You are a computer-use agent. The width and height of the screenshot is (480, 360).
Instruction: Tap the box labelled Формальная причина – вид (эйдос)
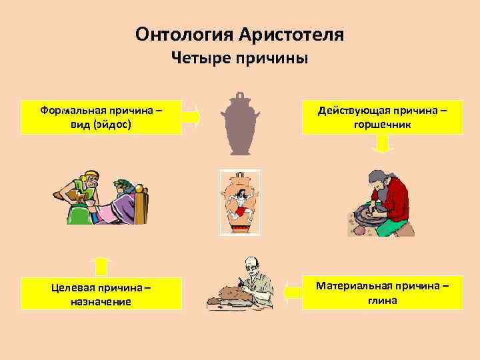[x=101, y=117]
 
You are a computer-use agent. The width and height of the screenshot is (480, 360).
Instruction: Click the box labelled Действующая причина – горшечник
[x=383, y=117]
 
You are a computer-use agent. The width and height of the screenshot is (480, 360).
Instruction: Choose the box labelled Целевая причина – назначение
[x=101, y=294]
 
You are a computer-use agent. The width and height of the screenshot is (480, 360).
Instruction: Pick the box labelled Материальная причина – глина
[x=383, y=293]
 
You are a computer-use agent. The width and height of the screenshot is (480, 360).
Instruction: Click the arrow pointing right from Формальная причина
[x=191, y=117]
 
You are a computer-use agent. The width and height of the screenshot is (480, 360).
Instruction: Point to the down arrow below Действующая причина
[x=382, y=144]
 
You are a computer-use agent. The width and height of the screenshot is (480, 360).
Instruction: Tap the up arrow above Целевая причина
[x=101, y=266]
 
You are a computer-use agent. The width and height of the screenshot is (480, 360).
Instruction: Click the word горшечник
[x=383, y=124]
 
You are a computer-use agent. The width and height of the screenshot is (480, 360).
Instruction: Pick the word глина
[x=383, y=300]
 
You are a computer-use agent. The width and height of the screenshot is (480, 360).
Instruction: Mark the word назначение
[x=101, y=301]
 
